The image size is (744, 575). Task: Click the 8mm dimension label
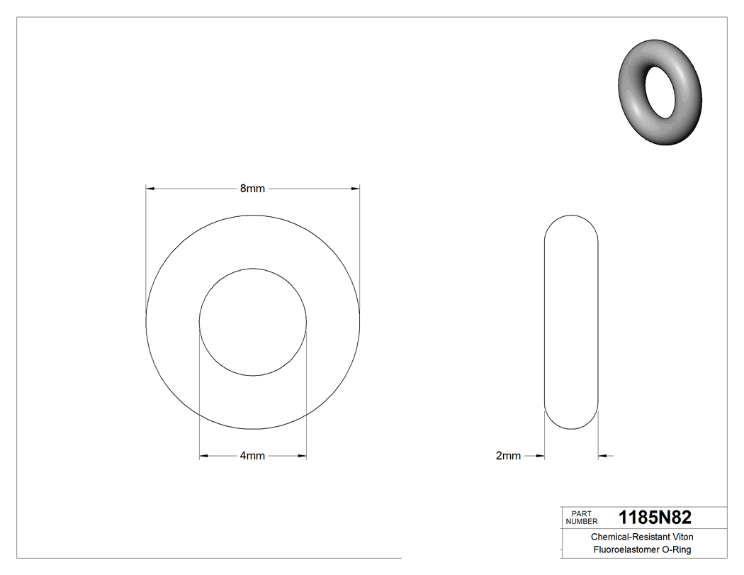pyautogui.click(x=252, y=189)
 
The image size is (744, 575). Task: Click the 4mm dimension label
pyautogui.click(x=252, y=456)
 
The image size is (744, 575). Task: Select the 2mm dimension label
pyautogui.click(x=508, y=456)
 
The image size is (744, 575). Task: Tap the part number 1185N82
pyautogui.click(x=655, y=517)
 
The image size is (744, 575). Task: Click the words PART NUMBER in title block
pyautogui.click(x=582, y=518)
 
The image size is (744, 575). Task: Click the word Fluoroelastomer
pyautogui.click(x=623, y=550)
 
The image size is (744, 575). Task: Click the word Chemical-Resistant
pyautogui.click(x=630, y=537)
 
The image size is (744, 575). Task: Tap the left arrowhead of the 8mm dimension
pyautogui.click(x=150, y=189)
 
